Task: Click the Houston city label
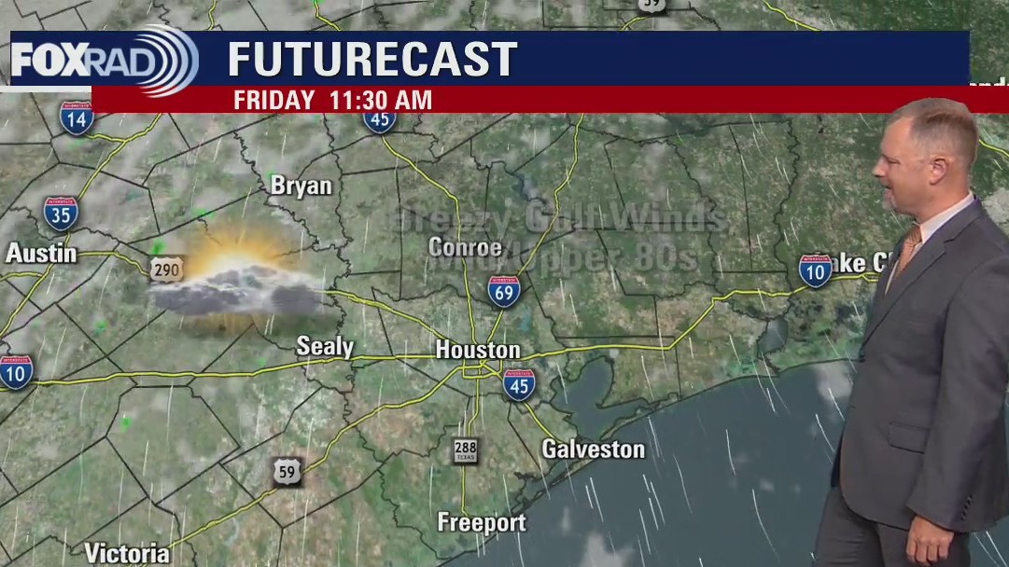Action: [x=478, y=351]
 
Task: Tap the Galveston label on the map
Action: [x=593, y=449]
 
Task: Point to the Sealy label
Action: [x=325, y=347]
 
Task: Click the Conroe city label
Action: [x=465, y=247]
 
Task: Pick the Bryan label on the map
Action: [x=301, y=187]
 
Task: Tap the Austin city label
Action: [x=41, y=253]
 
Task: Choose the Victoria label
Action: [x=127, y=552]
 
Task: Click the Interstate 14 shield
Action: [x=77, y=118]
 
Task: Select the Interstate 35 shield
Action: [x=61, y=214]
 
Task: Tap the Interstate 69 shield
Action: [x=504, y=291]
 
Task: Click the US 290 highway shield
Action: [x=167, y=269]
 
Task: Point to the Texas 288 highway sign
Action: [x=465, y=451]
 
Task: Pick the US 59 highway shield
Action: [x=287, y=472]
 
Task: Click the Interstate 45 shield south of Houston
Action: [x=519, y=384]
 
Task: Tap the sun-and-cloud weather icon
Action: [x=238, y=280]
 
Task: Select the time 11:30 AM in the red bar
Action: [x=380, y=101]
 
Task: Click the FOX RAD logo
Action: [x=103, y=61]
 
